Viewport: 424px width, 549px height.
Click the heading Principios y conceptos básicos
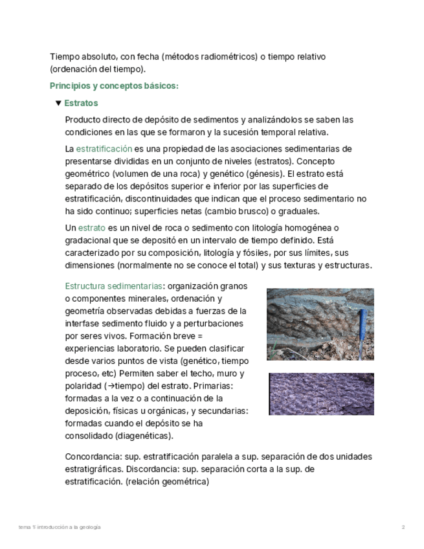[x=114, y=85]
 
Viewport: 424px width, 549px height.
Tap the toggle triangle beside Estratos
[x=58, y=103]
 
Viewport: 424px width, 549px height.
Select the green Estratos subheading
[x=81, y=103]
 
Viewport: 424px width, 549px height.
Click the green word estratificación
[x=104, y=149]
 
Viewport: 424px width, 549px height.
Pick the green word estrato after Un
[x=91, y=228]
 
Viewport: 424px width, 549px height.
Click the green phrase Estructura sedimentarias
[x=113, y=286]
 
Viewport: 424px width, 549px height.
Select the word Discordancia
[x=153, y=469]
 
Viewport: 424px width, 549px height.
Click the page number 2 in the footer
[x=403, y=527]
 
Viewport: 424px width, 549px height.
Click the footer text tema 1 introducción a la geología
[x=60, y=527]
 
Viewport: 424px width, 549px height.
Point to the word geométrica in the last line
[x=184, y=482]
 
